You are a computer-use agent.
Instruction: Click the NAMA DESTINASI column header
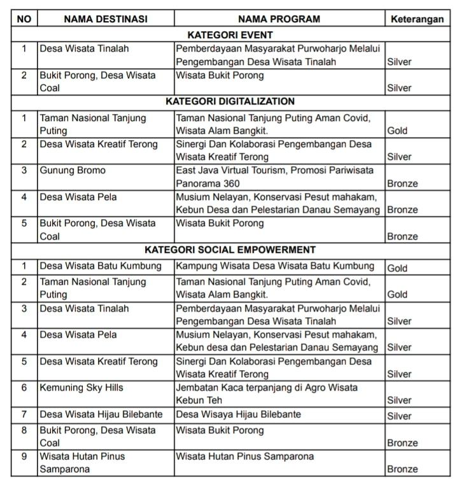tap(105, 19)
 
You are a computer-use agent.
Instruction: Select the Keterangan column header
tap(417, 19)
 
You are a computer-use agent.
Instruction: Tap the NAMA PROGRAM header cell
tap(279, 19)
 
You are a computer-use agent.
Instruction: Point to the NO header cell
tap(24, 19)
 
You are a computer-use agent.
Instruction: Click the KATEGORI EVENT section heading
tap(230, 35)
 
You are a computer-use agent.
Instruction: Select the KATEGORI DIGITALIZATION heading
tap(230, 101)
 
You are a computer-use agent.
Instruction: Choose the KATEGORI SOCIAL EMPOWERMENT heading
tap(230, 250)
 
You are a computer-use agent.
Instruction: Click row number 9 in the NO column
tap(24, 457)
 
